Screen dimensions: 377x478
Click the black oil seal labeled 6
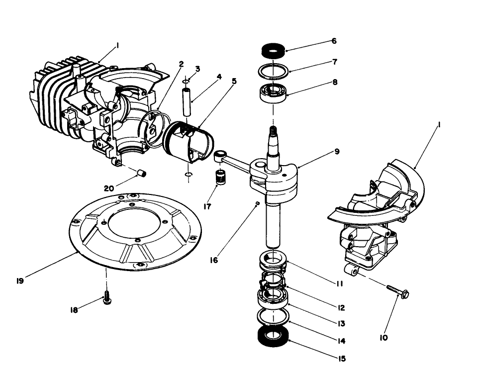coord(273,51)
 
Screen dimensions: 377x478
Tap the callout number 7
coord(335,62)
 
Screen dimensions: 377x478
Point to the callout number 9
coord(337,151)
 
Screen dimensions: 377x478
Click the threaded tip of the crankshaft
coord(273,132)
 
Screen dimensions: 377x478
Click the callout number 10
coord(383,338)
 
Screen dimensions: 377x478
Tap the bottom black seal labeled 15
coord(273,337)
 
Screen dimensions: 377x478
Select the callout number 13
coord(341,323)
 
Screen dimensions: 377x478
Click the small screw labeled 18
coord(106,299)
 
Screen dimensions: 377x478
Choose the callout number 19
coord(20,281)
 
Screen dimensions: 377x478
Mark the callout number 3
coord(197,68)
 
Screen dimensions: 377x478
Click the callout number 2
coord(182,64)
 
